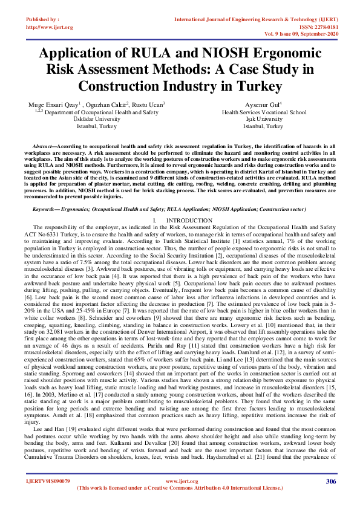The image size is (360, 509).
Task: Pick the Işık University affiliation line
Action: [263, 119]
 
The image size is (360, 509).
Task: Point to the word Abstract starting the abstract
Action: [45, 147]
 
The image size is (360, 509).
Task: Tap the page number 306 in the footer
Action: [330, 481]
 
